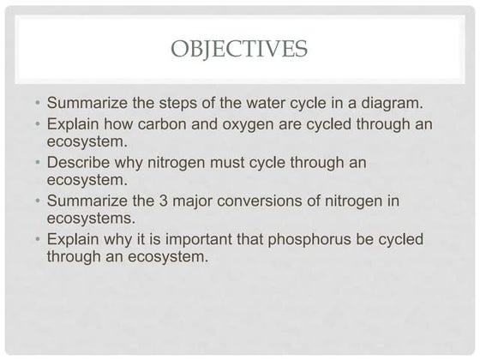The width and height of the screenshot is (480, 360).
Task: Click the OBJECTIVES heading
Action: (x=239, y=48)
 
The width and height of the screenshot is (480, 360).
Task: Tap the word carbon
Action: (x=163, y=123)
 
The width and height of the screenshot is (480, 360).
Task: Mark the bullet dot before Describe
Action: (x=38, y=163)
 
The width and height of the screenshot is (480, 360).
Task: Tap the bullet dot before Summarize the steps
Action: (x=38, y=104)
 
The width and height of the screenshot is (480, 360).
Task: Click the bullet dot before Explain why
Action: (x=38, y=240)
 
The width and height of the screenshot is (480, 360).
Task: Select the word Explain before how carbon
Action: (x=74, y=123)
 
